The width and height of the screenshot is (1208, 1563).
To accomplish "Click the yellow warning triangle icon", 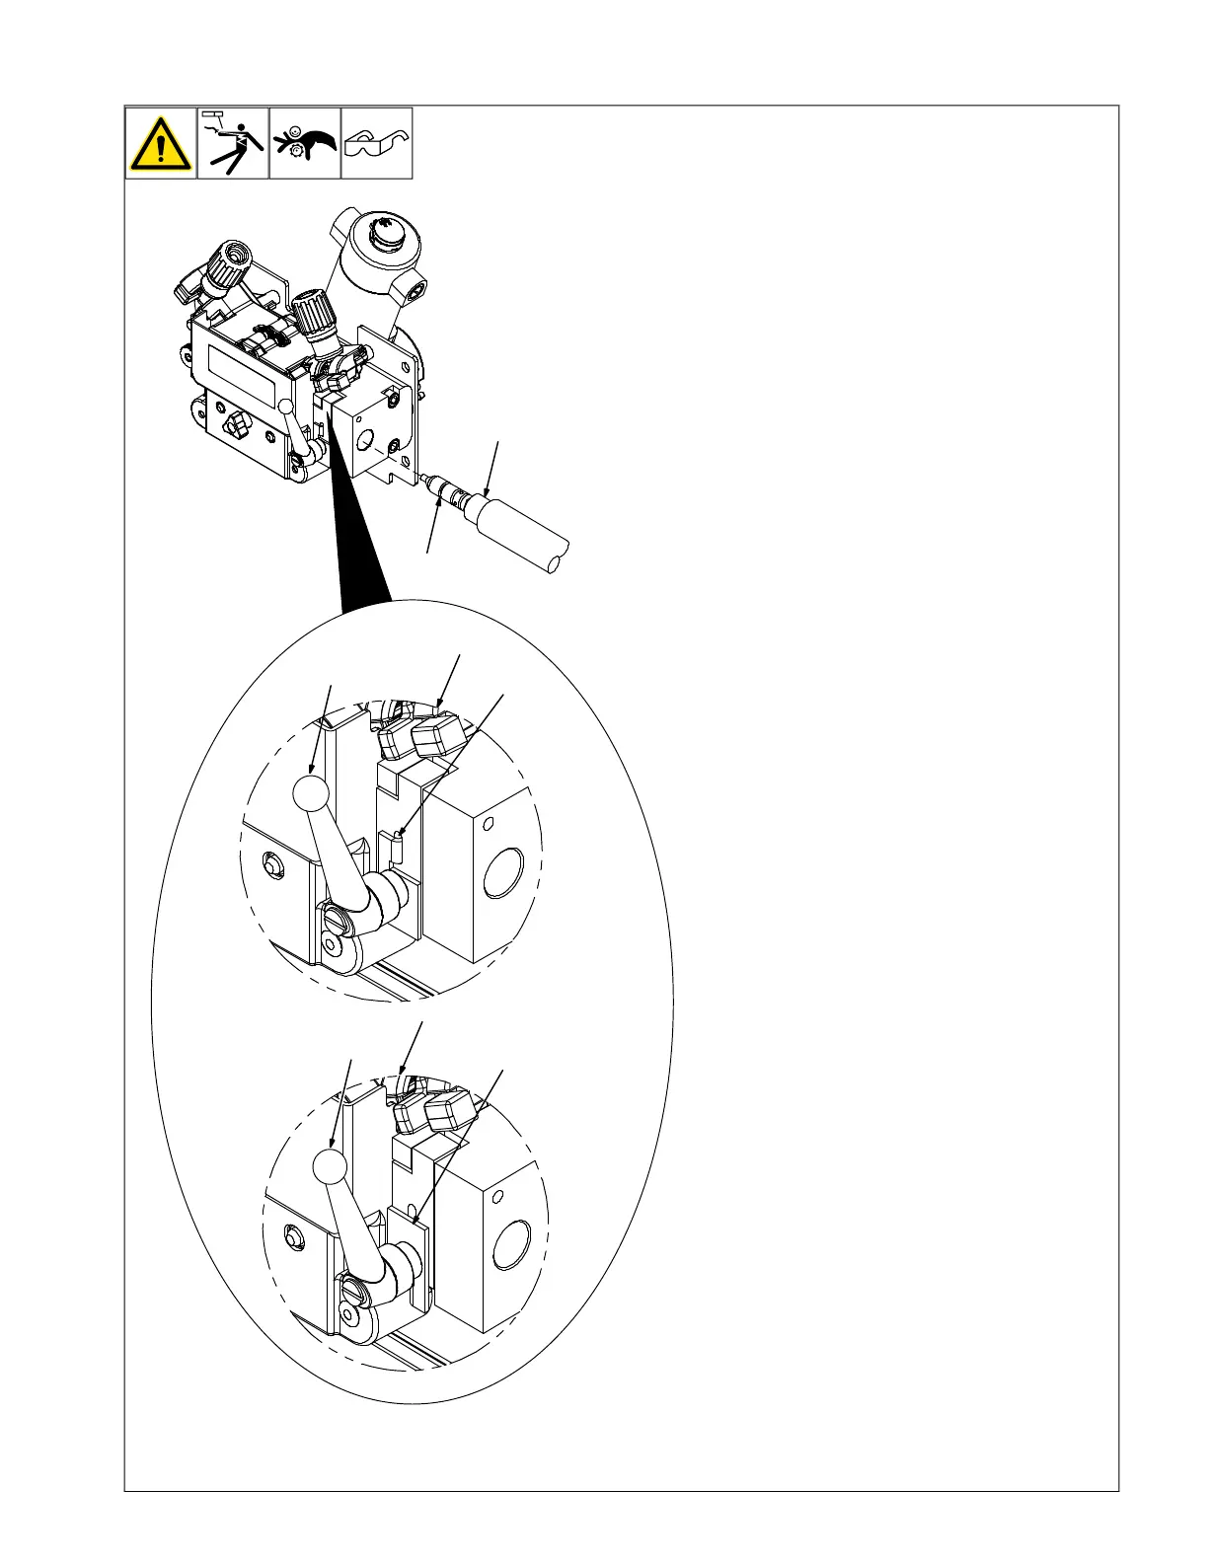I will click(160, 144).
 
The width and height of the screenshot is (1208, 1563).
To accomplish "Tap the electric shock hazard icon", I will click(233, 144).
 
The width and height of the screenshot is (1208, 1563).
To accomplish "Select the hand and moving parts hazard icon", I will click(305, 144).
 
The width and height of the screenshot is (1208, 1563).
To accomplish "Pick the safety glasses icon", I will click(376, 144).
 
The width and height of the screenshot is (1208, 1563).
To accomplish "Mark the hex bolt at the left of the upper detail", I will click(270, 865).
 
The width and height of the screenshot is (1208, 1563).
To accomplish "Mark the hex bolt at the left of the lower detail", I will click(292, 1235).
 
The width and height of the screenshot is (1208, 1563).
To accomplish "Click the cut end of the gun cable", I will click(558, 557).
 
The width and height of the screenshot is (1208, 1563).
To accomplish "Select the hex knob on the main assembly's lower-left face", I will click(237, 427).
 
